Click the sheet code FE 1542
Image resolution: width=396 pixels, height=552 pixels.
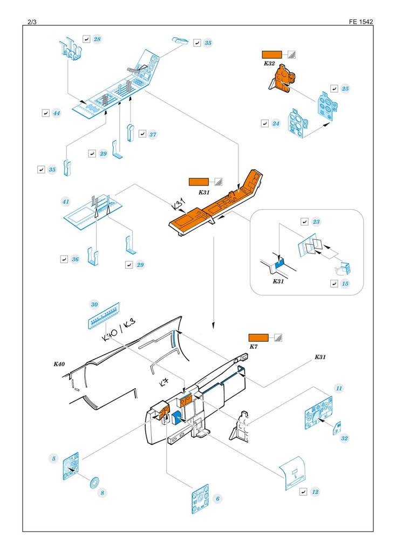361,22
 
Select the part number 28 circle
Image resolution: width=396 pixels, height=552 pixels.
98,39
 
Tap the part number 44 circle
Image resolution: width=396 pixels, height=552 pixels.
57,113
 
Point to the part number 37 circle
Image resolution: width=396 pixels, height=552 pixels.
153,134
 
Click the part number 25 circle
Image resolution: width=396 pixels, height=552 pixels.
345,88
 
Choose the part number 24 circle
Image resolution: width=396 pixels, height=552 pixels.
276,123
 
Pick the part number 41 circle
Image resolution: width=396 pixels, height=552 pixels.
66,202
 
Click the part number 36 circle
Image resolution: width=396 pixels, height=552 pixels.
76,259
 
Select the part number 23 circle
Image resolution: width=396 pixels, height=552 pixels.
317,222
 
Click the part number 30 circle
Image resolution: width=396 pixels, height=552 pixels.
94,305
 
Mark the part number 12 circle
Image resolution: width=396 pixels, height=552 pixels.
315,492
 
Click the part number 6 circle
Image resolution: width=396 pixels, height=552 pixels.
217,499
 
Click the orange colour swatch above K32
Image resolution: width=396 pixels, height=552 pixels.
272,54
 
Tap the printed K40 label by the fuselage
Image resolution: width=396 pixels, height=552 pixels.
59,365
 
